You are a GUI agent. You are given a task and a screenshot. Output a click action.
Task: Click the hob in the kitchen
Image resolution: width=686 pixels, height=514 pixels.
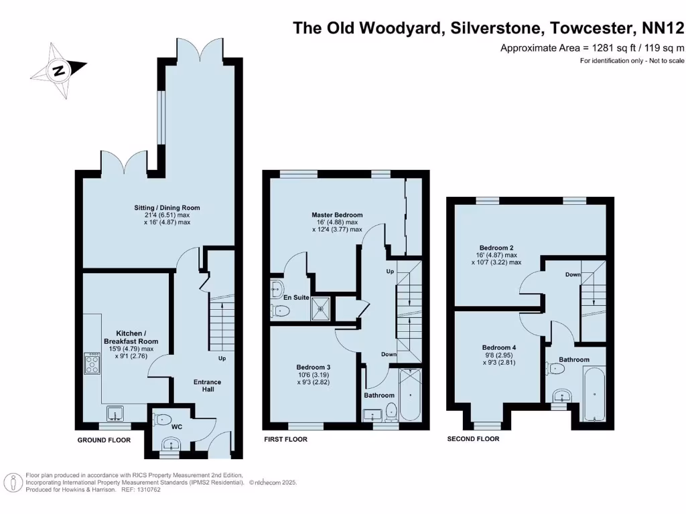click(x=91, y=364)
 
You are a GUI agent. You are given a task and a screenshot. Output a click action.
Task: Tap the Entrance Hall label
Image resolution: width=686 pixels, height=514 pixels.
click(x=208, y=386)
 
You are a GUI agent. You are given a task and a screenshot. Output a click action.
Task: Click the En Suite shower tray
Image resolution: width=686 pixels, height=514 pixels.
click(x=321, y=308)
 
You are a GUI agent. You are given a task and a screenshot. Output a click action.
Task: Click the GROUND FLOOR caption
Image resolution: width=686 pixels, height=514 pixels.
click(x=104, y=440)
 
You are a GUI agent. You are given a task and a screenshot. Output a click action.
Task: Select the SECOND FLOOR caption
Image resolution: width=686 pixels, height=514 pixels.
click(x=473, y=439)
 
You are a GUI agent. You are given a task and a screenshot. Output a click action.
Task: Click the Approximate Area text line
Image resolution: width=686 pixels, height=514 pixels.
click(x=592, y=48)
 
